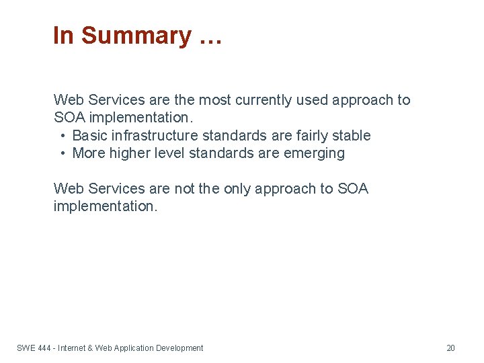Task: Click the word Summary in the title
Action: (x=136, y=36)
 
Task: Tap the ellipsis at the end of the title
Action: (x=210, y=37)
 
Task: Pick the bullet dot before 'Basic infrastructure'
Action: (x=63, y=136)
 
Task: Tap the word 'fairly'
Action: (x=315, y=136)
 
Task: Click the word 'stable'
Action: (x=354, y=136)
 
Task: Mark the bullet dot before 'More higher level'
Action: (x=63, y=153)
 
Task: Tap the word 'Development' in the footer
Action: (x=179, y=348)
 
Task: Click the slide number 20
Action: (x=450, y=348)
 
